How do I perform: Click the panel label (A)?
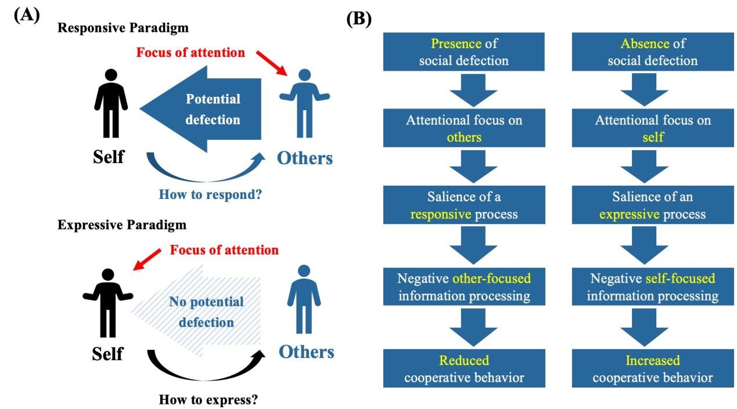click(26, 15)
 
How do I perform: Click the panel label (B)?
click(358, 19)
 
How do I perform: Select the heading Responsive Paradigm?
click(123, 28)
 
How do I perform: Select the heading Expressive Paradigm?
click(122, 225)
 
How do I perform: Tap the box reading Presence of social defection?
click(463, 52)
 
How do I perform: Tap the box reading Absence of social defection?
click(653, 52)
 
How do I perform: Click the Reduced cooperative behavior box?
click(463, 369)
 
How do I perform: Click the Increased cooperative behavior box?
click(653, 369)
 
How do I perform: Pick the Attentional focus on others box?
click(463, 129)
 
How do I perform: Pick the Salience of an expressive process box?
click(653, 205)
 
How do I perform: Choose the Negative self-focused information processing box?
click(653, 287)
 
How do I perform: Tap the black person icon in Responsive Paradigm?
click(110, 103)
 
